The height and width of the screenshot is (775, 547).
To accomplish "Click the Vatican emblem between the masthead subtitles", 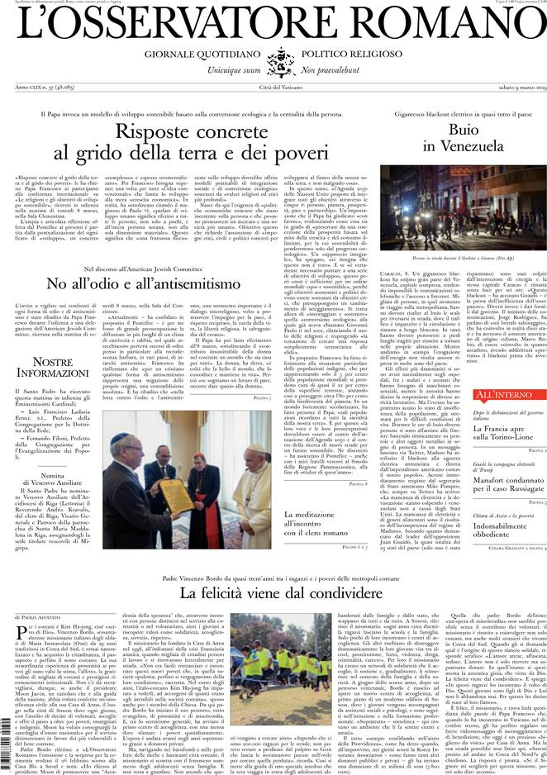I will coord(273,61).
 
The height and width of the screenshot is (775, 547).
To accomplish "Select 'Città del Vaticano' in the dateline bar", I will coord(273,88).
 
